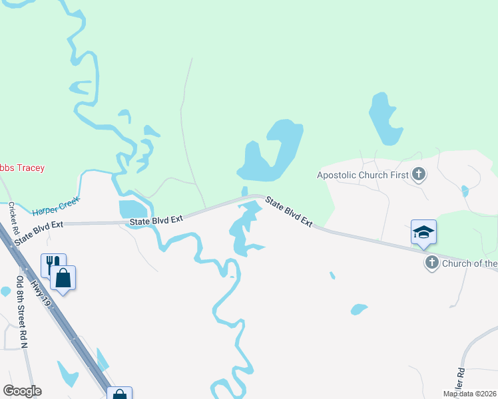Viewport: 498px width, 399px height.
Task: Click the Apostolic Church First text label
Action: coord(362,176)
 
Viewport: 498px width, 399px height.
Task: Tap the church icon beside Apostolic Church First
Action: coord(419,175)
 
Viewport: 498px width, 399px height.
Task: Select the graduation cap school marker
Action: coord(423,232)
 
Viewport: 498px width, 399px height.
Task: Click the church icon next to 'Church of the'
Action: coord(432,263)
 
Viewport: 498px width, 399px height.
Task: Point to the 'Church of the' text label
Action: coord(469,263)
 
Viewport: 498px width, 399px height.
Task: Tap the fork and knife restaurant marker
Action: coord(52,263)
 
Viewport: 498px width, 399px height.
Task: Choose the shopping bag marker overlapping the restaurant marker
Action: coord(63,277)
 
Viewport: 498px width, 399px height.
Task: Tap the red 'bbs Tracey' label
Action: coord(22,168)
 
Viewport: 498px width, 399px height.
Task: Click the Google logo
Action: coord(22,391)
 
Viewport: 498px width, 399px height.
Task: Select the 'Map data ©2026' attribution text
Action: coord(469,394)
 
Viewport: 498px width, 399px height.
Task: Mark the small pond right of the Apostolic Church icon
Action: coord(465,192)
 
